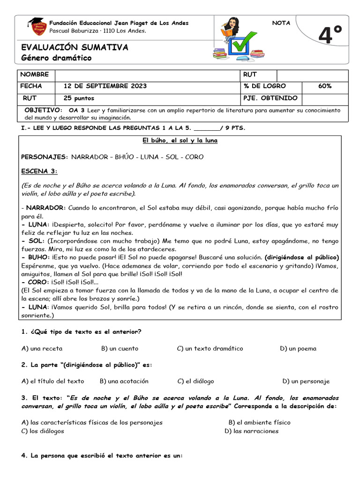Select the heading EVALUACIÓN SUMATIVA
click(x=75, y=47)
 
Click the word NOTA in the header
click(x=281, y=23)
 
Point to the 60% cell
click(x=324, y=86)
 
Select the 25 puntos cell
click(x=79, y=98)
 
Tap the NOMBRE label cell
click(x=34, y=75)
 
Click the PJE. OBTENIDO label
click(x=270, y=98)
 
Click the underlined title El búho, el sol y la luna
click(x=180, y=141)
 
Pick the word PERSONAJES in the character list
click(x=44, y=157)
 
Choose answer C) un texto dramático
click(x=210, y=348)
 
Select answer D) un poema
click(x=298, y=348)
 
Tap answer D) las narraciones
click(x=251, y=431)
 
